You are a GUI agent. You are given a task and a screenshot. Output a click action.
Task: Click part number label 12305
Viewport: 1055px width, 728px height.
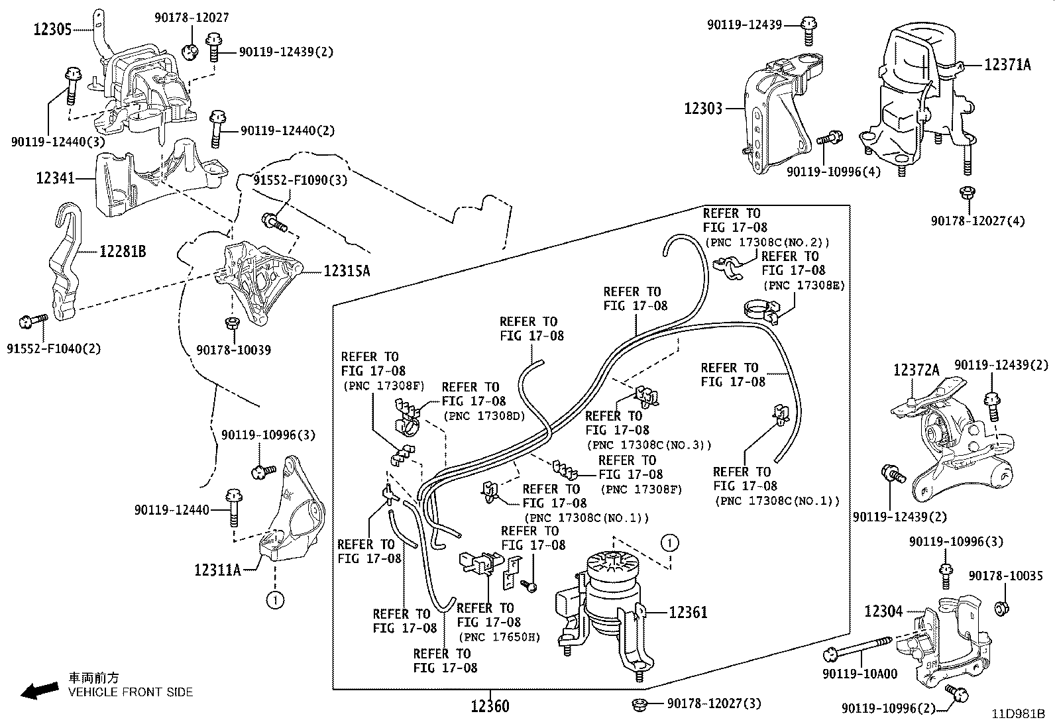coord(52,29)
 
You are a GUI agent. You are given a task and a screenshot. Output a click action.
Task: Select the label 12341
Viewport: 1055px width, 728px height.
coord(55,178)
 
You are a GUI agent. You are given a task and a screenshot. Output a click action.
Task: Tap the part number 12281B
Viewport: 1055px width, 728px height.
coord(123,252)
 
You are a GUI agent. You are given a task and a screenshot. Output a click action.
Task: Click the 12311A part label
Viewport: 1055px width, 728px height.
coord(217,569)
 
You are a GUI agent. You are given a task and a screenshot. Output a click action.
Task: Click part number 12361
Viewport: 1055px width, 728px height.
coord(688,613)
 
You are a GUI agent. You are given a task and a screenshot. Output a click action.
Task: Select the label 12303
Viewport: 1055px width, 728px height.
coord(703,108)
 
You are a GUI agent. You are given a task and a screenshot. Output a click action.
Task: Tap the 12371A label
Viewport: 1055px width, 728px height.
coord(1008,64)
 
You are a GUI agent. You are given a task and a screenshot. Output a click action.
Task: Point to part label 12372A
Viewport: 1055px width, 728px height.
coord(916,370)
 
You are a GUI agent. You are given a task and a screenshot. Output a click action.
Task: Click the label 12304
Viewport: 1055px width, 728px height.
coord(883,611)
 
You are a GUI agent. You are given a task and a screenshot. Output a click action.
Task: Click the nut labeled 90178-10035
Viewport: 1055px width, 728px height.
coord(1002,607)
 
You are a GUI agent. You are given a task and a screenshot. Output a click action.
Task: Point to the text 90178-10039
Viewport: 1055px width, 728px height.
coord(233,350)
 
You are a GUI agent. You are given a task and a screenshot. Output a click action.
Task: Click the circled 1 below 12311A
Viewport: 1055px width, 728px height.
coord(274,600)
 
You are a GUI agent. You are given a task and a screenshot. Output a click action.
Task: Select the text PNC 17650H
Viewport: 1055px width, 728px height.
coord(499,637)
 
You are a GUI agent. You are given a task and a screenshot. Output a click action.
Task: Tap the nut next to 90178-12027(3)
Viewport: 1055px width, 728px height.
coord(640,703)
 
